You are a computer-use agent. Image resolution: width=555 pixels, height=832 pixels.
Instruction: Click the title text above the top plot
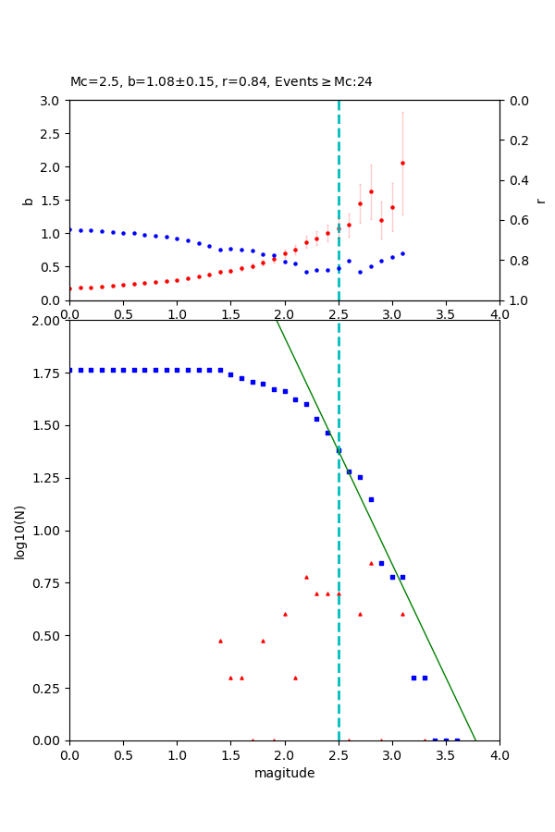pyautogui.click(x=221, y=81)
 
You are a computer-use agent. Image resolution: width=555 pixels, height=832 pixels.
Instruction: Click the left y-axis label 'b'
pyautogui.click(x=28, y=201)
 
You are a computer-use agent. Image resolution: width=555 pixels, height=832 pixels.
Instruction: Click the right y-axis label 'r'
pyautogui.click(x=540, y=201)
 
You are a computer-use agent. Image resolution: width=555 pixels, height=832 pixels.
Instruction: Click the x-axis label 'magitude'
pyautogui.click(x=284, y=773)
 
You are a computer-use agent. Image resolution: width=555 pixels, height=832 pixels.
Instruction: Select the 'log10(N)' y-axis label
pyautogui.click(x=19, y=531)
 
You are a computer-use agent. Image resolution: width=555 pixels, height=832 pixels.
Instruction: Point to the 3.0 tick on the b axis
pyautogui.click(x=54, y=101)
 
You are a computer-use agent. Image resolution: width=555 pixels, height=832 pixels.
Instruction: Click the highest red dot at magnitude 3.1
pyautogui.click(x=402, y=163)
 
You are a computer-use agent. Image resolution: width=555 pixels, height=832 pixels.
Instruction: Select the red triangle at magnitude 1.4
pyautogui.click(x=220, y=641)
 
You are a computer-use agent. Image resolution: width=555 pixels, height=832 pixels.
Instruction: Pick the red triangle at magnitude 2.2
pyautogui.click(x=306, y=577)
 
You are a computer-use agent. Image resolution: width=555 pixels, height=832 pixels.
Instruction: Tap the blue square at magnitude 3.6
pyautogui.click(x=456, y=740)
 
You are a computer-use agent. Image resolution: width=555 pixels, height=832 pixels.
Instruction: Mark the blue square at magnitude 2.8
pyautogui.click(x=371, y=499)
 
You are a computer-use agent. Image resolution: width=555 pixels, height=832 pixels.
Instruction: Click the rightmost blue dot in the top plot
pyautogui.click(x=402, y=253)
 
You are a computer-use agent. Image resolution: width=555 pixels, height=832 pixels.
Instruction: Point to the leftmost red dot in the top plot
pyautogui.click(x=70, y=288)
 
